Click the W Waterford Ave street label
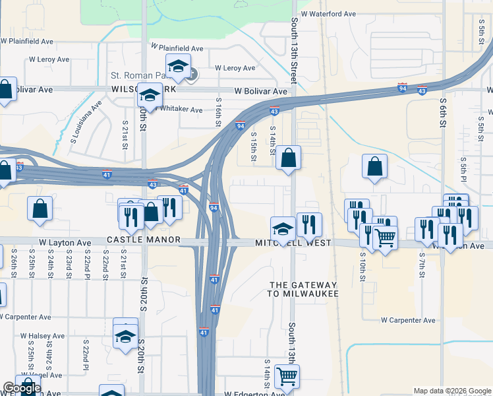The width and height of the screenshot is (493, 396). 328,13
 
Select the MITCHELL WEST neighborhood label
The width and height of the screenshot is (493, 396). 293,244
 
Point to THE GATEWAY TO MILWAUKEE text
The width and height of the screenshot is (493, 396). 304,289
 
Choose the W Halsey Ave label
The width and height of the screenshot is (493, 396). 41,336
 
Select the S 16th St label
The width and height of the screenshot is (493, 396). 217,111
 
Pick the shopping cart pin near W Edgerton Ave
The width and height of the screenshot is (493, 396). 287,377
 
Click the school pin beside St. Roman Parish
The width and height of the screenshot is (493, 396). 178,66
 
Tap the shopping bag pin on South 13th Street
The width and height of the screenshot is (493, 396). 288,158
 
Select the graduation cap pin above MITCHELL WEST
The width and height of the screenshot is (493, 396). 283,229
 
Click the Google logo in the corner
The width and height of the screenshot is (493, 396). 22,388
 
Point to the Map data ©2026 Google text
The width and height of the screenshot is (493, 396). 452,391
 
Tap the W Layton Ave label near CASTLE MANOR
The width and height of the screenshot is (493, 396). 65,243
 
